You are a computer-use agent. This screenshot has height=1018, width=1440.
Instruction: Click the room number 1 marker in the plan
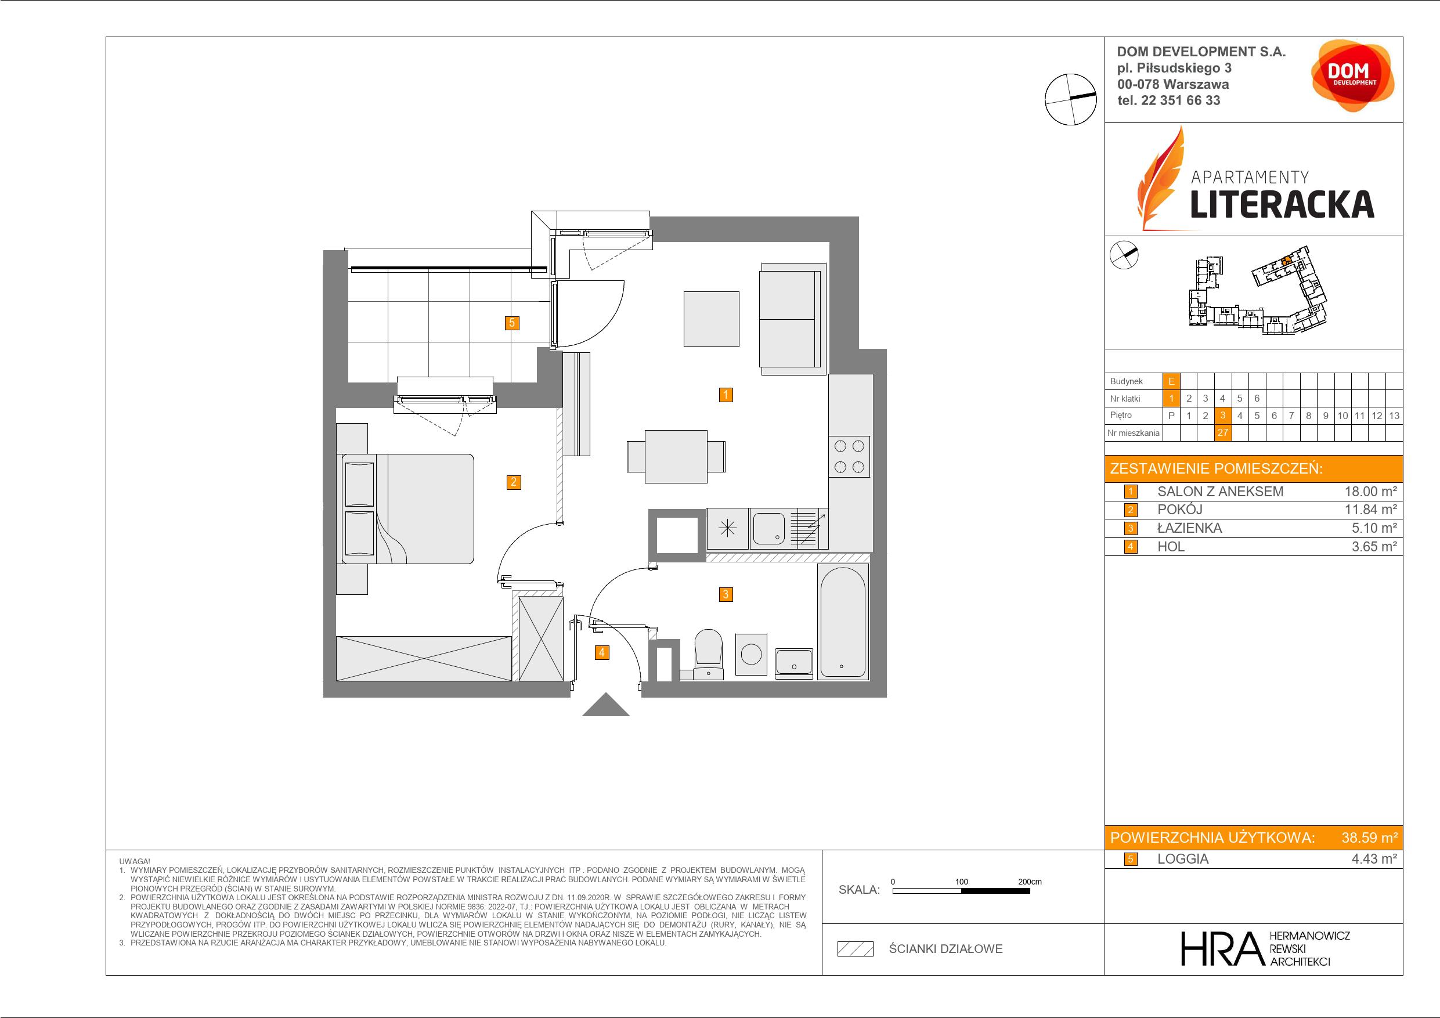pyautogui.click(x=726, y=395)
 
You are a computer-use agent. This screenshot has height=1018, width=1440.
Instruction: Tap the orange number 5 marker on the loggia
pyautogui.click(x=513, y=323)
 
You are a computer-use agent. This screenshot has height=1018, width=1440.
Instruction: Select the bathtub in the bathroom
pyautogui.click(x=843, y=621)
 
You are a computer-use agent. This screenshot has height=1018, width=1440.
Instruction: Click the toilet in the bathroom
pyautogui.click(x=709, y=654)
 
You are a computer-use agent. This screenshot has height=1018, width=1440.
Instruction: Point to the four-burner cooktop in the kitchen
pyautogui.click(x=849, y=457)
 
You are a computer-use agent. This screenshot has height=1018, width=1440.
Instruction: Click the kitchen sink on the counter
pyautogui.click(x=769, y=528)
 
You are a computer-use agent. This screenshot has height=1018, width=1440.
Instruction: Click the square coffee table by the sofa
pyautogui.click(x=711, y=319)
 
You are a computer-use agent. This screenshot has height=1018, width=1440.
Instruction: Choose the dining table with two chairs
pyautogui.click(x=676, y=457)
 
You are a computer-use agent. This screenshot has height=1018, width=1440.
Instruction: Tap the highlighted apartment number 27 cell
pyautogui.click(x=1222, y=433)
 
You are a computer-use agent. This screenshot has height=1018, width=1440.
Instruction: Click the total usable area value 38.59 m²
pyautogui.click(x=1369, y=837)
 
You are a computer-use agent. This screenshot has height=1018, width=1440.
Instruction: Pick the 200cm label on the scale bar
pyautogui.click(x=1029, y=881)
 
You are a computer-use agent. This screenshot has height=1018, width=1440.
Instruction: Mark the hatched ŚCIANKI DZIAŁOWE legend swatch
pyautogui.click(x=856, y=949)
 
